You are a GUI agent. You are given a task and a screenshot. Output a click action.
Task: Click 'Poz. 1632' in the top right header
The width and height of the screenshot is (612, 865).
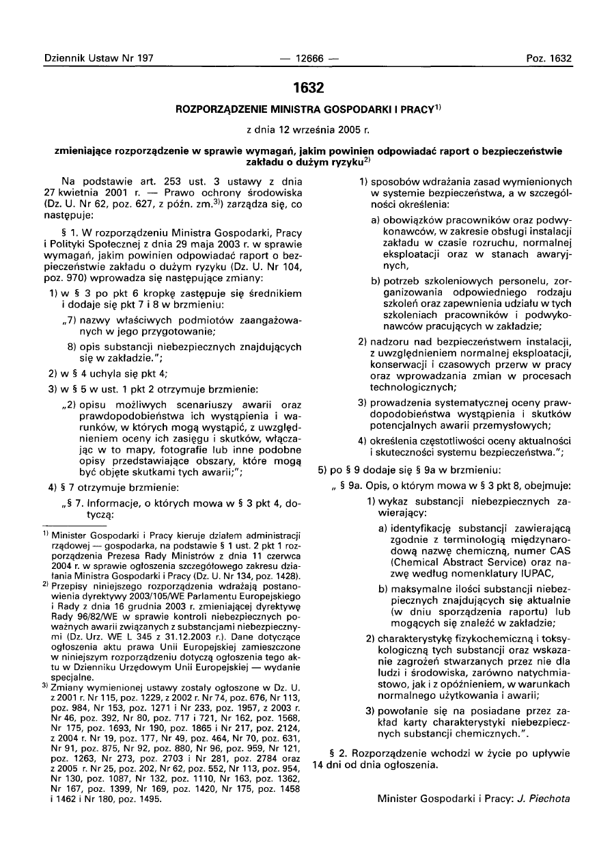point(548,59)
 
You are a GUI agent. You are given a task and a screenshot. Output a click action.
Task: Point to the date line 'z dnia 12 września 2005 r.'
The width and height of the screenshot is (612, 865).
point(307,129)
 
